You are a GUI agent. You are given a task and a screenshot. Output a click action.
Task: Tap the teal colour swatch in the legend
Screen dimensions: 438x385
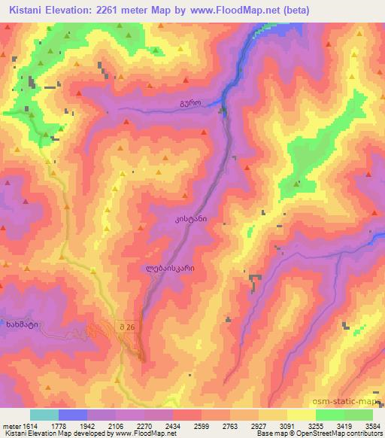click(44, 415)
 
